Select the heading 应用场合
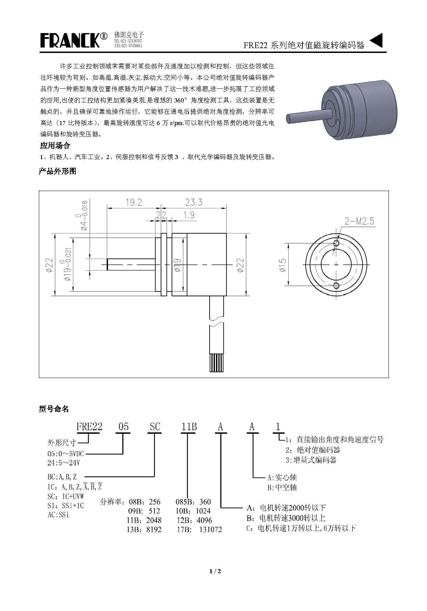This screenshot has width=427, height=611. (55, 146)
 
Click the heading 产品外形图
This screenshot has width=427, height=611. (57, 171)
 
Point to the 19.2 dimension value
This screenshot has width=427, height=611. (134, 202)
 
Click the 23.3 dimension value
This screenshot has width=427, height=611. (194, 202)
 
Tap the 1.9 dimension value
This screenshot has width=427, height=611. (189, 215)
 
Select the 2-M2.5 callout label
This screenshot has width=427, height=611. (359, 221)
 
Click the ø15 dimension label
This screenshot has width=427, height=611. (283, 265)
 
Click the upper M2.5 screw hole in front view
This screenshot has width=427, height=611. (336, 243)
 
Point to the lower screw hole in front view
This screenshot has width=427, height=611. (336, 286)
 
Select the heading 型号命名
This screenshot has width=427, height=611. (54, 409)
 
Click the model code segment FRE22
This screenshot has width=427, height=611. (89, 427)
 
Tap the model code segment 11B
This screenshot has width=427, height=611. (189, 427)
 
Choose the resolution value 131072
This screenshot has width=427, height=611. (211, 530)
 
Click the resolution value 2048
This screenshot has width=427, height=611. (154, 520)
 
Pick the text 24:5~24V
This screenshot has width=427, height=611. (64, 463)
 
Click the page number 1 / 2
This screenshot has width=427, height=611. (215, 571)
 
